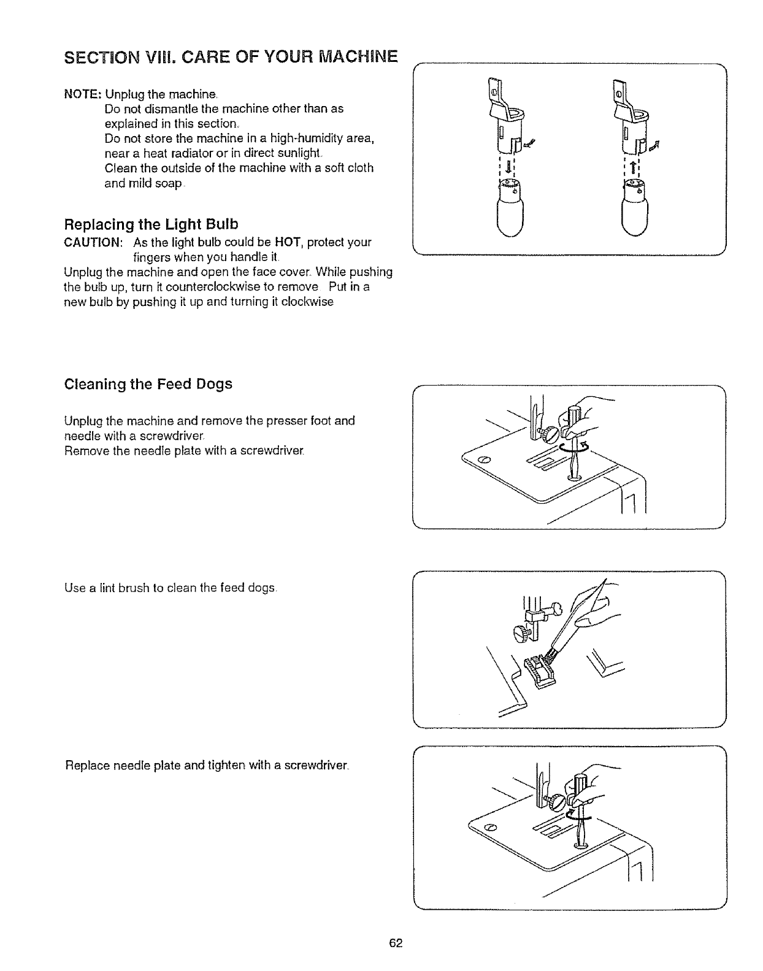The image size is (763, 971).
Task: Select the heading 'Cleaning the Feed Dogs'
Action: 148,384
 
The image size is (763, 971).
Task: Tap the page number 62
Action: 394,943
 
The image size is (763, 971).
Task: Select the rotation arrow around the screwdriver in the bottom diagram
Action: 579,816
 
